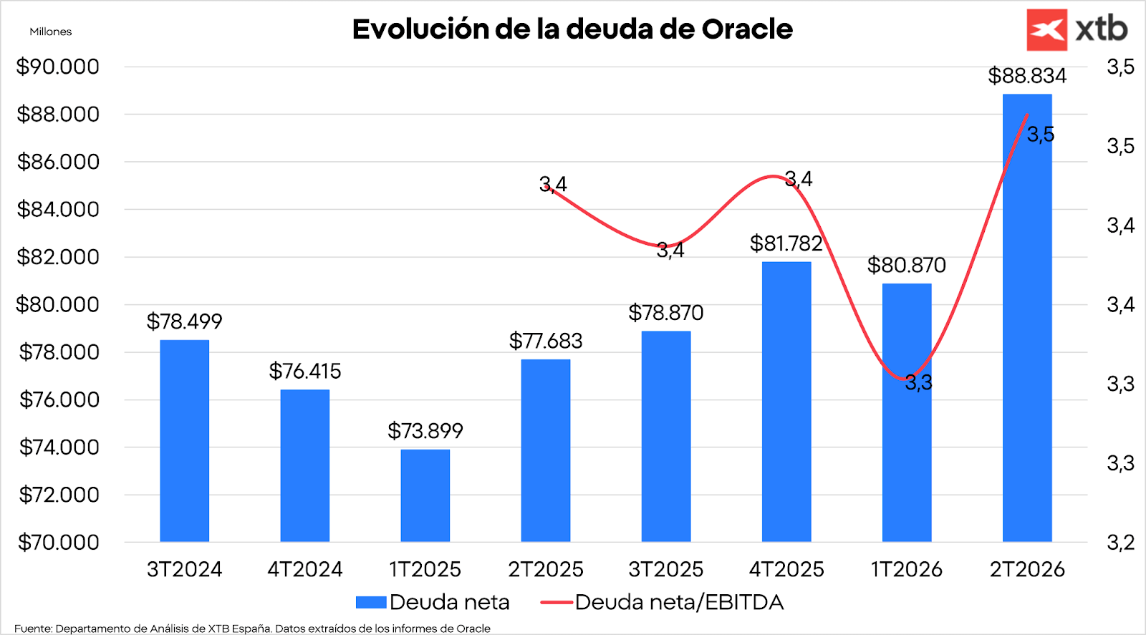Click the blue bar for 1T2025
(x=425, y=495)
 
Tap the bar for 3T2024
(x=184, y=440)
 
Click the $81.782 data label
(x=786, y=243)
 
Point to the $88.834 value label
(x=1026, y=75)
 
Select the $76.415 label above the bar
(x=304, y=371)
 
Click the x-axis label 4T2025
(x=786, y=569)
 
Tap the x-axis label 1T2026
(x=906, y=569)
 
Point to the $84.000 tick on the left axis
(x=58, y=209)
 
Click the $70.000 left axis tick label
(x=58, y=542)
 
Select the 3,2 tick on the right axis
(x=1120, y=542)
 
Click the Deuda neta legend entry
(x=433, y=602)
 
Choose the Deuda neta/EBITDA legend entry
(x=663, y=602)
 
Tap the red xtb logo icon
(x=1046, y=29)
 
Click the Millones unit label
(x=50, y=31)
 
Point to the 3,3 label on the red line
(x=918, y=383)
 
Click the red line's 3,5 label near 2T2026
(x=1040, y=135)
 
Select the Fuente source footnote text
(x=252, y=629)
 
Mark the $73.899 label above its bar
(x=425, y=430)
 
